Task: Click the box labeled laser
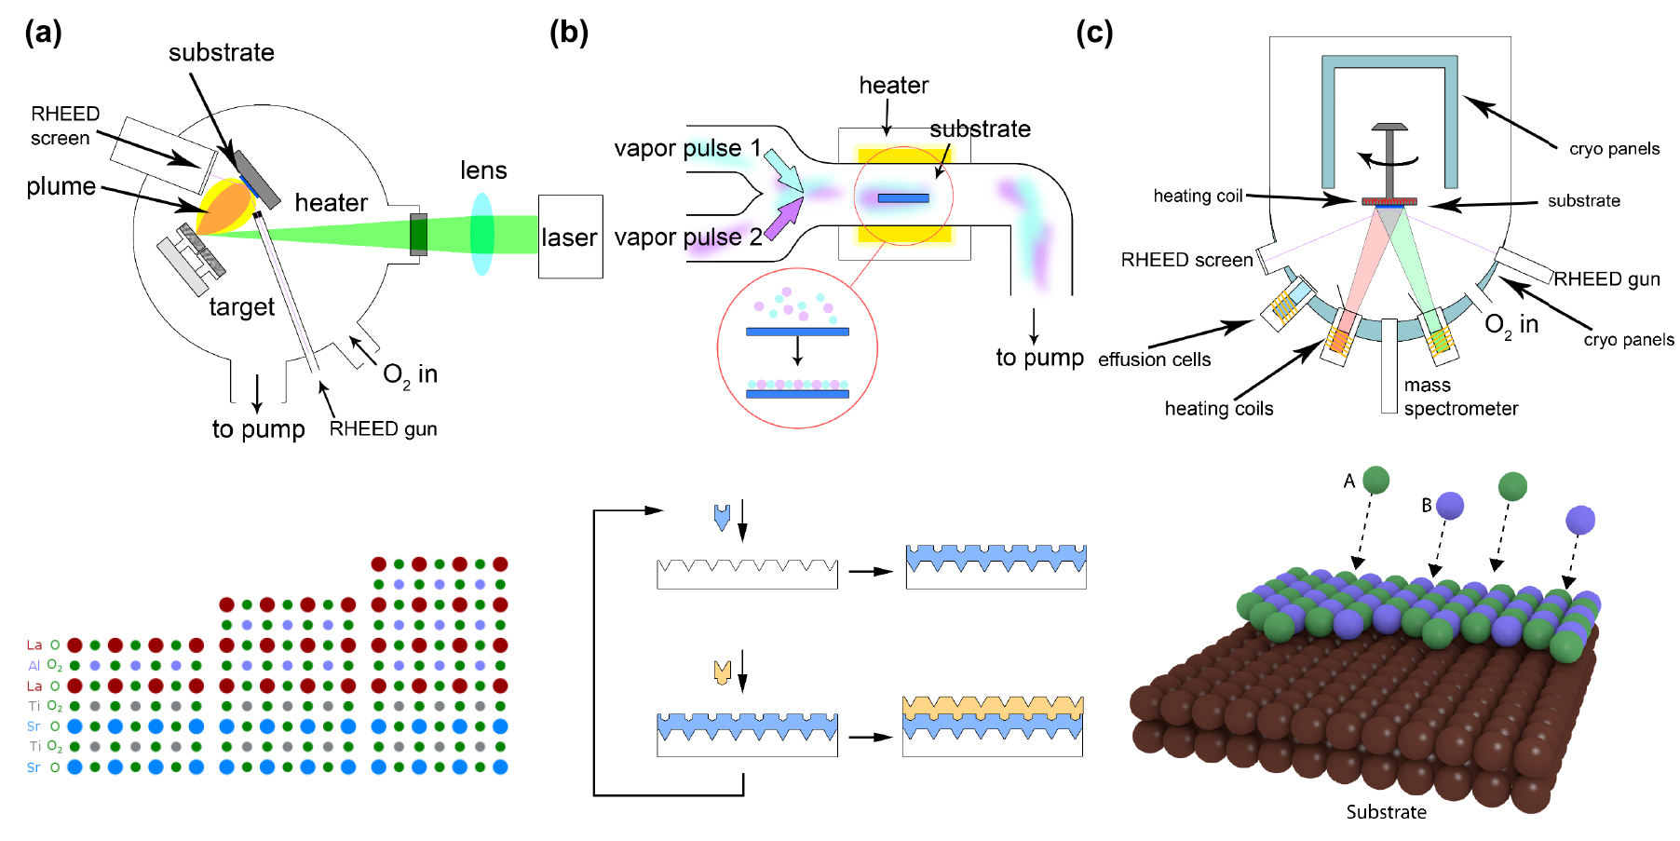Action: coord(570,237)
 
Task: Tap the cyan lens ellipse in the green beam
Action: coord(481,234)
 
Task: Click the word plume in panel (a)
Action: coord(61,186)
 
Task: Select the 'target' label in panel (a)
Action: coord(241,307)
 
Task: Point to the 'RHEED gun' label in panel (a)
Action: coord(383,428)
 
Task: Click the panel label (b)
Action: coord(568,33)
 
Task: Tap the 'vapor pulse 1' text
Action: coord(687,148)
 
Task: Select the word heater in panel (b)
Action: coord(893,86)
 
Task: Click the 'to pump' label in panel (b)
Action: coord(1039,358)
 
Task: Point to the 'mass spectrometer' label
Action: coord(1460,397)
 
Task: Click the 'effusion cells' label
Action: coord(1154,359)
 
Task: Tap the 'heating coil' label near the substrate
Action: coord(1198,196)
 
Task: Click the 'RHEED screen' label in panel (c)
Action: coord(1186,260)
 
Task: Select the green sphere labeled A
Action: coord(1375,480)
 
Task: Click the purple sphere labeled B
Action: coord(1450,506)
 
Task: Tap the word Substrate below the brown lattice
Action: coord(1386,812)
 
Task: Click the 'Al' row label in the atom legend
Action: coord(34,666)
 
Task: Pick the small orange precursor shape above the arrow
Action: coord(722,671)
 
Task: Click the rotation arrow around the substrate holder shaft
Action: coord(1389,161)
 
